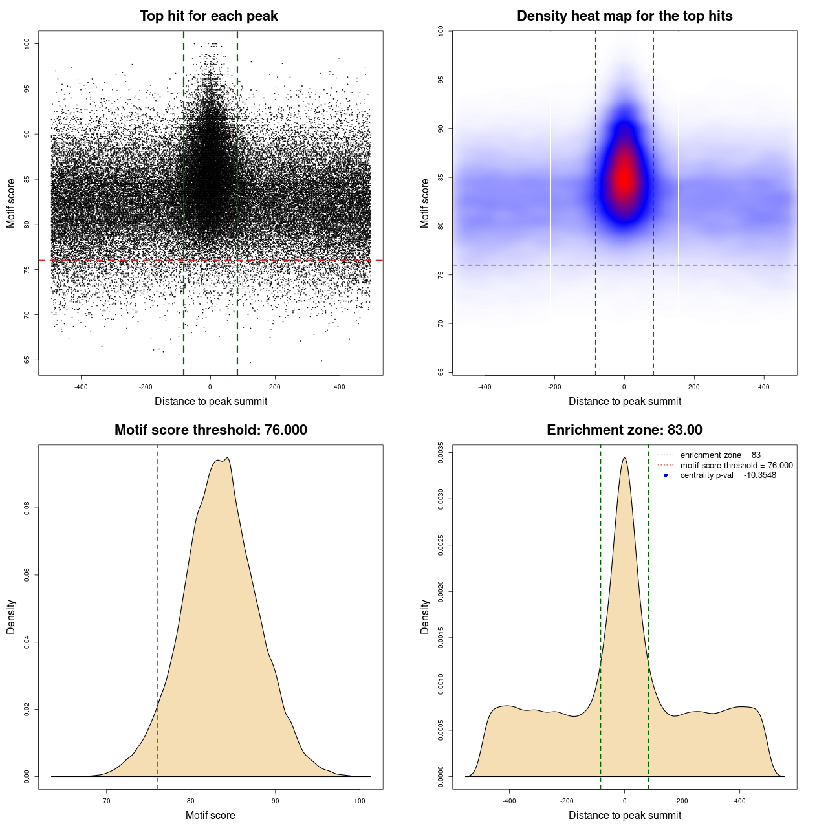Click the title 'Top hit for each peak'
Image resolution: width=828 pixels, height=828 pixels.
click(x=208, y=16)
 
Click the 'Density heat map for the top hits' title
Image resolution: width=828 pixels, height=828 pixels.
click(x=624, y=16)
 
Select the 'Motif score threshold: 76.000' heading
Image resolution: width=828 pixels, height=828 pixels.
click(x=210, y=430)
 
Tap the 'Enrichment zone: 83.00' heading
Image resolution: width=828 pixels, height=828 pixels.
click(x=624, y=430)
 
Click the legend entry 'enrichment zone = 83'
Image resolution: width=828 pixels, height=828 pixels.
click(x=720, y=455)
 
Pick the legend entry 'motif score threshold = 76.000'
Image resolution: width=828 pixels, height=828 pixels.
click(x=736, y=466)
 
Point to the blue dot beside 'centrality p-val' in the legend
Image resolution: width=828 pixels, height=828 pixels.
click(x=666, y=475)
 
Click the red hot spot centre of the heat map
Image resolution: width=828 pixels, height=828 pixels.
click(x=624, y=180)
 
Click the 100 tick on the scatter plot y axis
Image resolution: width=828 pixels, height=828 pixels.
click(x=27, y=43)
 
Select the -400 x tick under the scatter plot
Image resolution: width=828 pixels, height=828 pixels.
click(x=81, y=387)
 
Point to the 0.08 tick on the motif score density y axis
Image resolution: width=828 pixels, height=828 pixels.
click(x=27, y=508)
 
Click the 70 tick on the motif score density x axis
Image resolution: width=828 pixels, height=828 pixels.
click(x=107, y=801)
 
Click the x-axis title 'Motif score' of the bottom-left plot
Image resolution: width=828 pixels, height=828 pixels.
click(x=210, y=816)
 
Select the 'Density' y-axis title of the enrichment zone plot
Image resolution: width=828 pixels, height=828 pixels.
click(x=425, y=616)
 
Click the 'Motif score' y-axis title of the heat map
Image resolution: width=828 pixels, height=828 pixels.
click(x=425, y=203)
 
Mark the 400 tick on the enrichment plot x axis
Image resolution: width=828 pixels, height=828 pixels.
click(x=740, y=801)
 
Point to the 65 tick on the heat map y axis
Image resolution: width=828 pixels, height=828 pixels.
click(x=441, y=372)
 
